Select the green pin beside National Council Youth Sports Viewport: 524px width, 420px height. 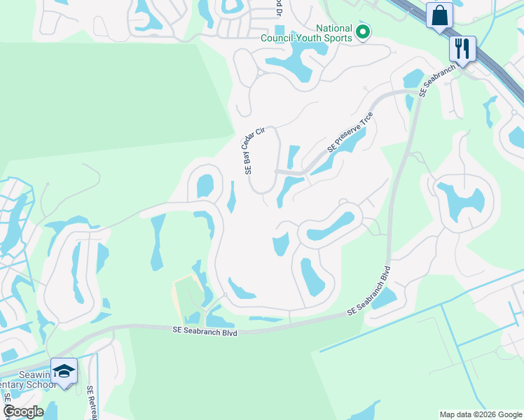pos(363,32)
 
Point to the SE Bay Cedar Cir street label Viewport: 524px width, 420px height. pos(253,152)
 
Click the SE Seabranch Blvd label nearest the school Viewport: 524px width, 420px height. pos(205,332)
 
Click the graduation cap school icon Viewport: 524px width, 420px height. pos(64,372)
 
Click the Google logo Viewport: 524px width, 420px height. pos(23,412)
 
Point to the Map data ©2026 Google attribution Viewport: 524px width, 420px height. pos(480,414)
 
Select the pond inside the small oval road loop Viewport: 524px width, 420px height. pos(205,186)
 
